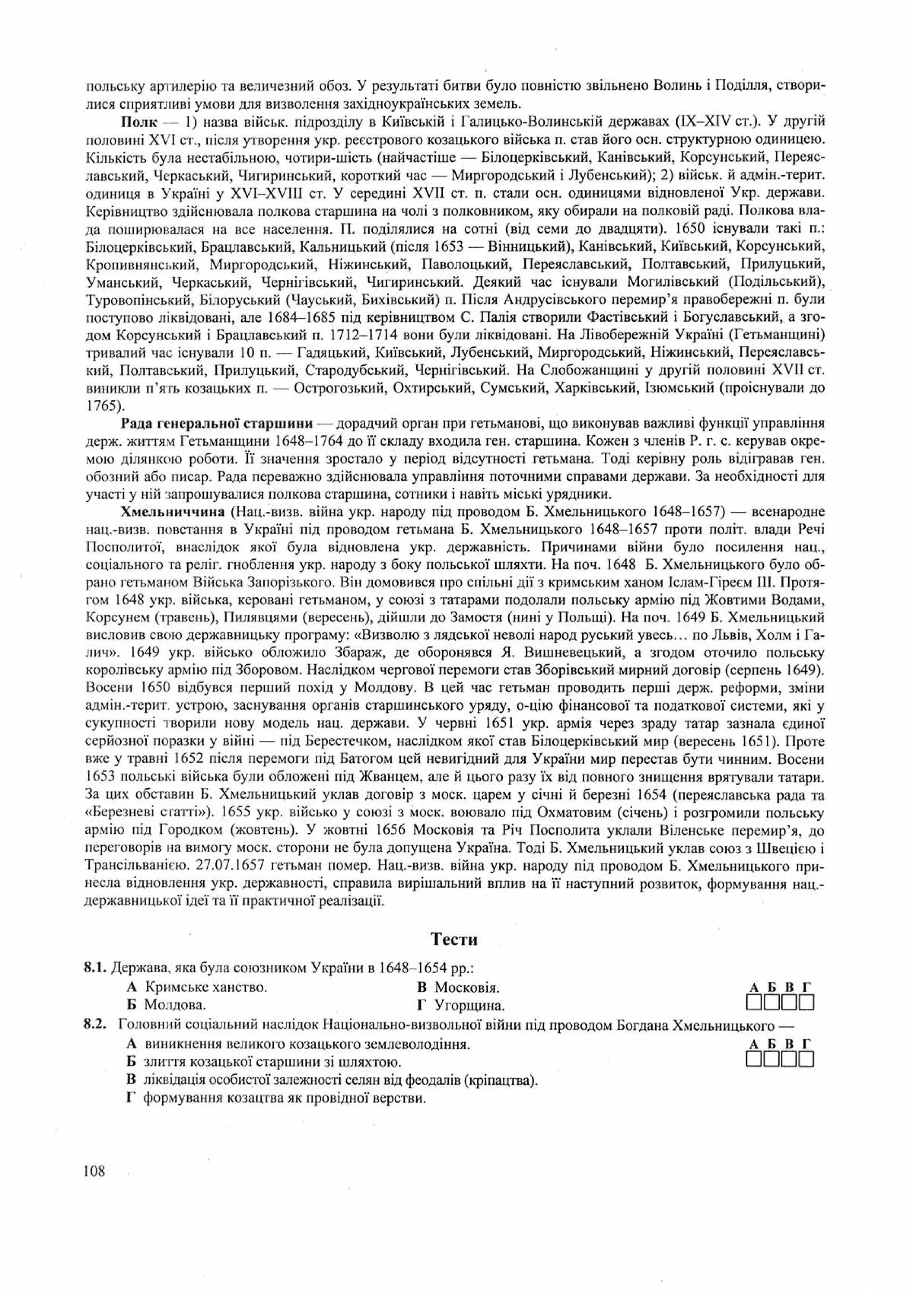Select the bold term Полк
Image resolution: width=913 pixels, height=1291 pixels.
(138, 122)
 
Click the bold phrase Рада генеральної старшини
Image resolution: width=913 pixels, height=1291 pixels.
(217, 423)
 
